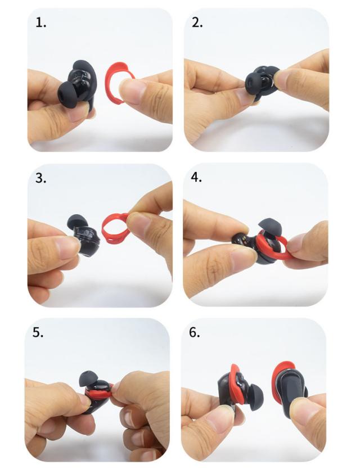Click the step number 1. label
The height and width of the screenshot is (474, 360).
(x=41, y=22)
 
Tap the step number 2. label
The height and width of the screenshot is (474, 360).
(x=197, y=22)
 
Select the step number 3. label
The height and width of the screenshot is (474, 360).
(x=41, y=178)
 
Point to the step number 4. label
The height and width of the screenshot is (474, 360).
(x=196, y=177)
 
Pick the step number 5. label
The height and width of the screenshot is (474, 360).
(x=38, y=332)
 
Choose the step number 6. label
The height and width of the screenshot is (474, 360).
(x=195, y=332)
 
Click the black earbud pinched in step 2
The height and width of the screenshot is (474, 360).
(x=261, y=82)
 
